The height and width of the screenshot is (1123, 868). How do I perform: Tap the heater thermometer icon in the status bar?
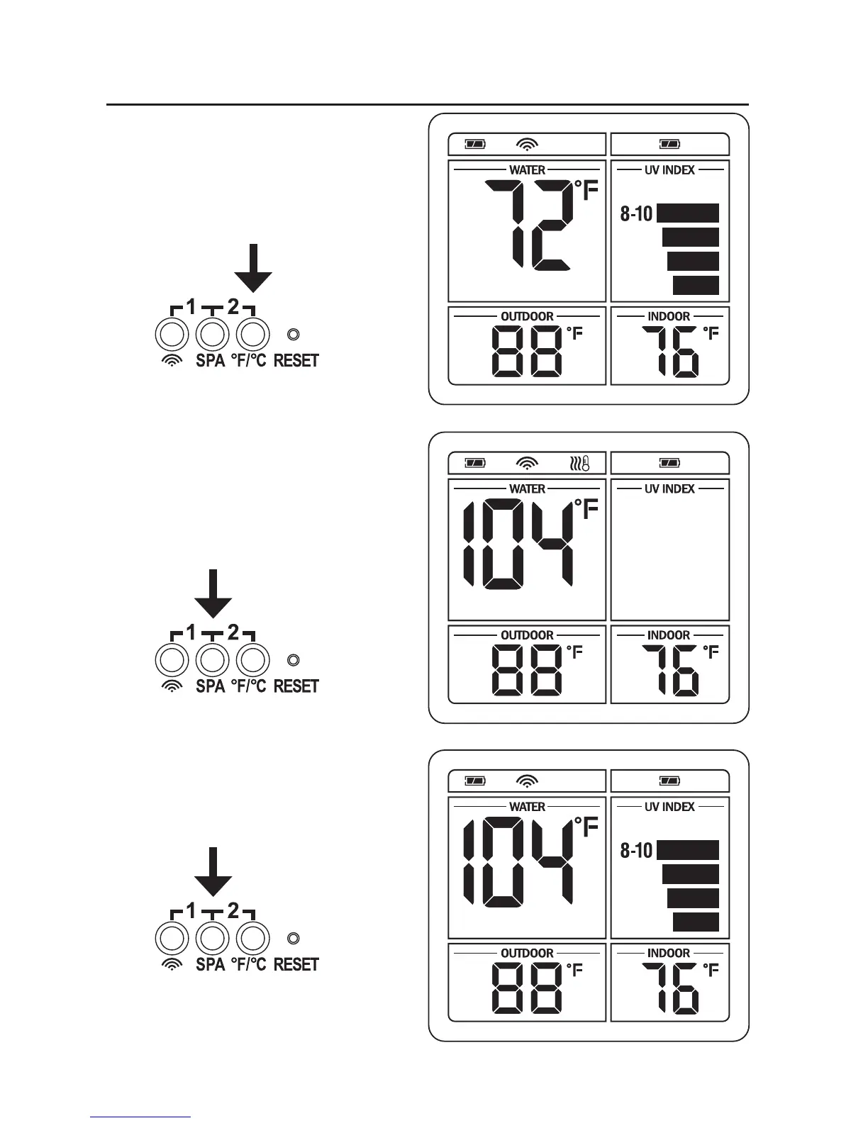click(579, 464)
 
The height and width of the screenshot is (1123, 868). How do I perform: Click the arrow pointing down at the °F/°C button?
click(253, 268)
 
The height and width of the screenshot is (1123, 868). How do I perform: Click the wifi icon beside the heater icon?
click(527, 464)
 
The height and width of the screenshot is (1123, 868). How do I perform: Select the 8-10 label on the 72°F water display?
click(636, 213)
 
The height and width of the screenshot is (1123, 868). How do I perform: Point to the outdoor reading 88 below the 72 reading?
click(528, 352)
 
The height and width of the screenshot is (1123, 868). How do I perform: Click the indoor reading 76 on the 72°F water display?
click(670, 352)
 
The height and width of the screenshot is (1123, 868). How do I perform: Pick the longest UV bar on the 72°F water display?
click(688, 213)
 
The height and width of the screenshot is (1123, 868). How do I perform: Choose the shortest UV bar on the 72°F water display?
click(696, 285)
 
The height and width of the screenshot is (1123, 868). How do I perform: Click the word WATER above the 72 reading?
click(527, 170)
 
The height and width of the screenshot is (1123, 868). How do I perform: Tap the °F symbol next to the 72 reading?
click(586, 190)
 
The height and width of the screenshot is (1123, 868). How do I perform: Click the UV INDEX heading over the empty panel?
click(669, 488)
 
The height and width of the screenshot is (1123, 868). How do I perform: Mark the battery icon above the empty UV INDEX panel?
click(669, 464)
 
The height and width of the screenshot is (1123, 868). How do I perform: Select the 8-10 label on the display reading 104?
click(636, 850)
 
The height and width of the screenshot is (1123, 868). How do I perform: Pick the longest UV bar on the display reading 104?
click(688, 850)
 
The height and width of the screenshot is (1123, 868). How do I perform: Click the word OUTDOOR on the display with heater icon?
click(527, 635)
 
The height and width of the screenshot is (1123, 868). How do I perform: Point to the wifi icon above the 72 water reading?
click(527, 145)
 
